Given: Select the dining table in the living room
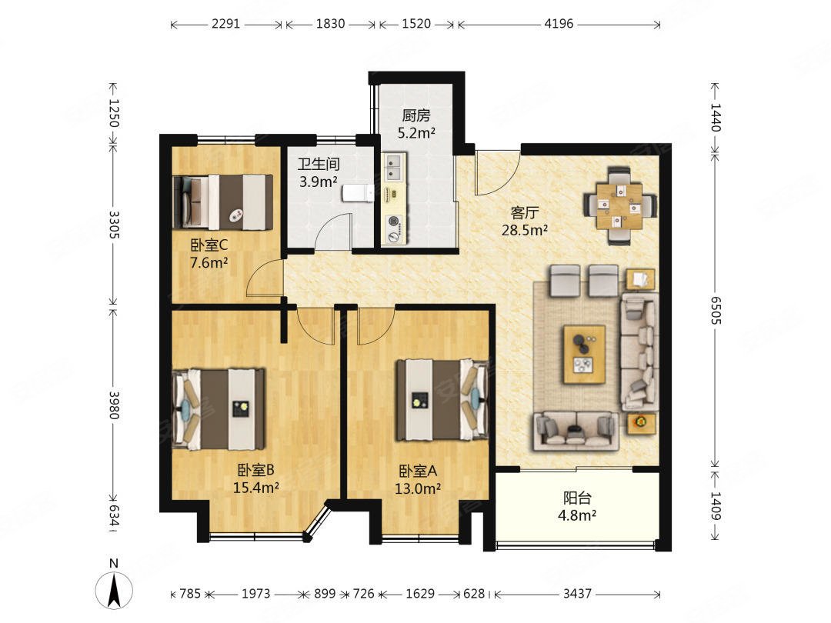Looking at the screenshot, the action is click(619, 206).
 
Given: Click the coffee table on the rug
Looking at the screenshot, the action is click(585, 354).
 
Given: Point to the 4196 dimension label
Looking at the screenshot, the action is click(559, 24).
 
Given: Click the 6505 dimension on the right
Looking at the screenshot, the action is click(716, 311).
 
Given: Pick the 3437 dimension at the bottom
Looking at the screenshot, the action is click(576, 593).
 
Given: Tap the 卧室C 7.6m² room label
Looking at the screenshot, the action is click(209, 253).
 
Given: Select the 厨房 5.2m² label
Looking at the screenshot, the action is click(416, 123).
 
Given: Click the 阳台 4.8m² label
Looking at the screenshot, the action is click(577, 506).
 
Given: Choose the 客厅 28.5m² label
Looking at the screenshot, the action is click(525, 221).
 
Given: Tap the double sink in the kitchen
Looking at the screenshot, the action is click(394, 167).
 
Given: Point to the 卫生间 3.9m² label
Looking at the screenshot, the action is click(319, 173).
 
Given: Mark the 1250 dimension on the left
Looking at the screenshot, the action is click(113, 113).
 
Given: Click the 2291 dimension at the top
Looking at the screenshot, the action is click(226, 24).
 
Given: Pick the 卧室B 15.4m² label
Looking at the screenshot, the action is click(256, 478).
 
